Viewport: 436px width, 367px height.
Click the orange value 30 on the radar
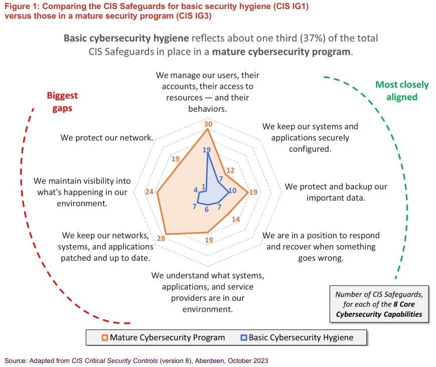208,124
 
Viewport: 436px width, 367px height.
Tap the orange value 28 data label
161,238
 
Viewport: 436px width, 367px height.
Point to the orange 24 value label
150,192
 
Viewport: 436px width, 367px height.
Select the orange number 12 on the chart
230,171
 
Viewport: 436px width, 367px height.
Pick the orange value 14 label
236,219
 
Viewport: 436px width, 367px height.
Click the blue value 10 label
232,190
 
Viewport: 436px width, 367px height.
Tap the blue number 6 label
207,209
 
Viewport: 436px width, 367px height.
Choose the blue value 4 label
195,190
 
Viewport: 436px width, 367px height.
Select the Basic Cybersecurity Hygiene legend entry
297,337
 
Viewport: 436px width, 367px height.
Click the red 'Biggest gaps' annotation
62,101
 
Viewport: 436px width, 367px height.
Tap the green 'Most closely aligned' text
402,90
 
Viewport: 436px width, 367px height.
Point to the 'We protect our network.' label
107,138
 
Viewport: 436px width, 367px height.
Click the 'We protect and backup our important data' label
336,192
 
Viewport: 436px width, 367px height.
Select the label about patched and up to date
105,247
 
